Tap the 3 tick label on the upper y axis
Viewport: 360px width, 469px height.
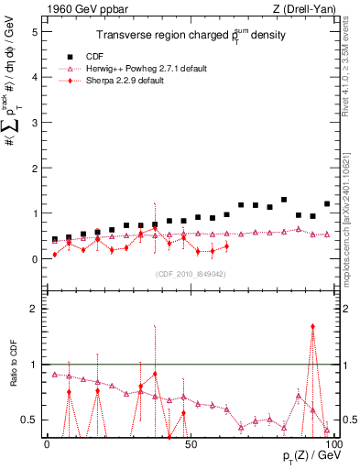click(x=33, y=123)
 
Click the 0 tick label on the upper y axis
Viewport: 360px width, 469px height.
click(x=33, y=259)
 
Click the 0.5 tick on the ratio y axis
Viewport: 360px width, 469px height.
click(x=29, y=420)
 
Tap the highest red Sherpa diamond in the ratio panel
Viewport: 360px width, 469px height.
click(x=312, y=326)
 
